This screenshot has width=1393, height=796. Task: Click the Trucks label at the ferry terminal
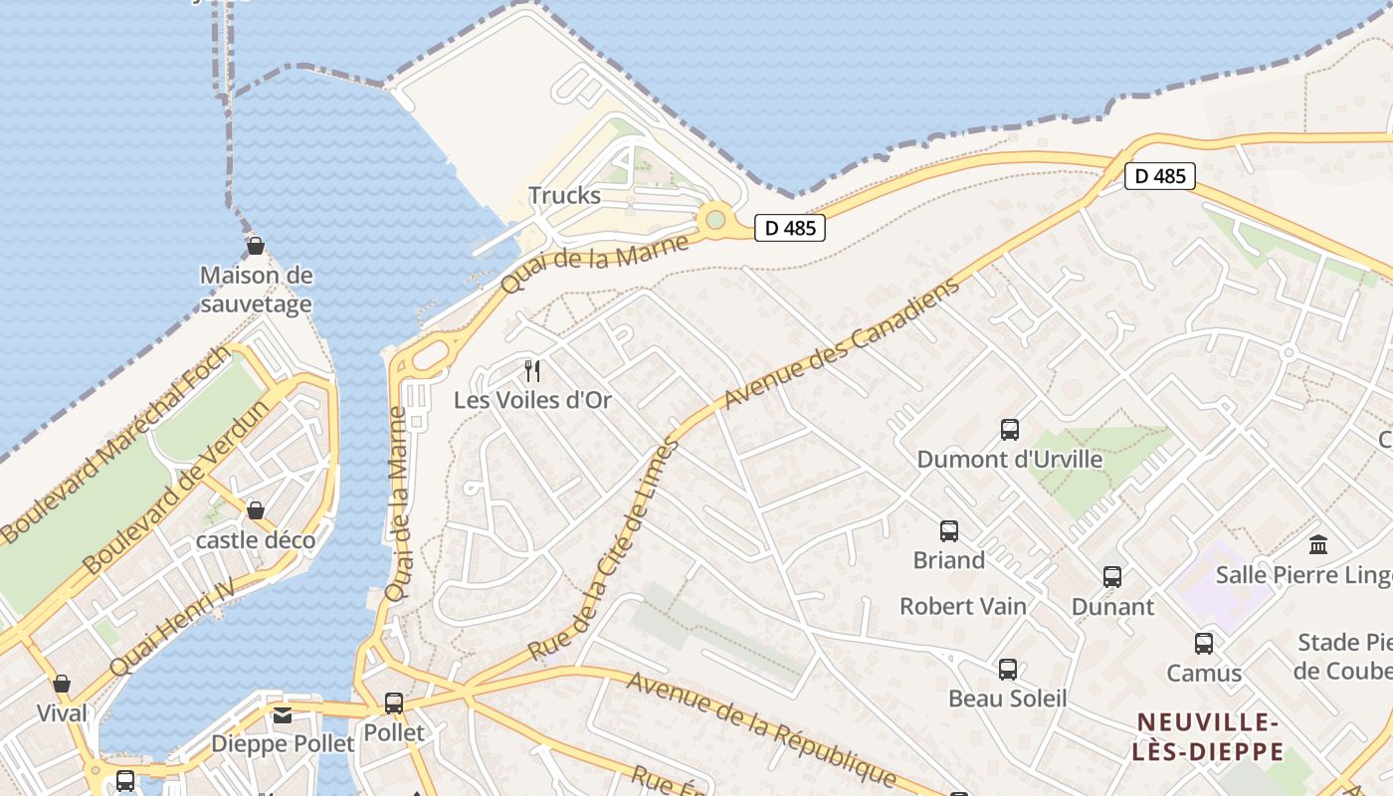click(564, 195)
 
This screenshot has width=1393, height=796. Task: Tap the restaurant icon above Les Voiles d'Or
click(532, 371)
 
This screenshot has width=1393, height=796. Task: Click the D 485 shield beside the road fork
click(1159, 176)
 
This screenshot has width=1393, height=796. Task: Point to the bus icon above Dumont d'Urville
click(1009, 430)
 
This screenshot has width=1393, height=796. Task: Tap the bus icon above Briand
click(948, 531)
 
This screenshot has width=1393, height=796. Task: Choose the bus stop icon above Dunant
click(1111, 577)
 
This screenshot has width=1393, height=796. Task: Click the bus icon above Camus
click(1204, 644)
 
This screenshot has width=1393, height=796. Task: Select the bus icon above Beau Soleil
click(1007, 670)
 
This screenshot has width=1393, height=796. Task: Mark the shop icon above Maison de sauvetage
click(256, 246)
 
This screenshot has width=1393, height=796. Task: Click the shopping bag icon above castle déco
click(256, 510)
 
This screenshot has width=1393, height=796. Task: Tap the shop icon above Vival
click(62, 684)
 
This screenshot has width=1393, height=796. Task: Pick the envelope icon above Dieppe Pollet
click(283, 715)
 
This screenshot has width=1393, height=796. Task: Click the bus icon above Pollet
click(394, 703)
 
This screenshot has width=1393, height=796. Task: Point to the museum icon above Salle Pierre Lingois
click(1318, 544)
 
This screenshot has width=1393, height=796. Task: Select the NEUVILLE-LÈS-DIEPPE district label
click(1207, 736)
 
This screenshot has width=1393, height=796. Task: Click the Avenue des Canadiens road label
click(842, 341)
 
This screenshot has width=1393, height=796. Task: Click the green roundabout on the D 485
click(714, 218)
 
